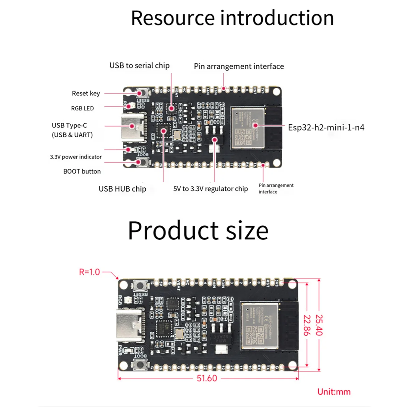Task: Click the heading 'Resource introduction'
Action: (x=232, y=18)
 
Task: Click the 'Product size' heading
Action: (x=198, y=231)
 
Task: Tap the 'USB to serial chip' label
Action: (x=139, y=65)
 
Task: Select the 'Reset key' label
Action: (x=86, y=93)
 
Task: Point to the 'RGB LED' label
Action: (x=82, y=108)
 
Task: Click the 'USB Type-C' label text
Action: (x=70, y=125)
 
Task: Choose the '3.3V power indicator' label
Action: (x=76, y=157)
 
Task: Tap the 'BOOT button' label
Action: (x=82, y=171)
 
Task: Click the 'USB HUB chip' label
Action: (x=122, y=189)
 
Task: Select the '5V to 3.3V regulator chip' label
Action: (x=210, y=189)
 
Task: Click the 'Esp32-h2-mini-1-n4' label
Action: (x=326, y=127)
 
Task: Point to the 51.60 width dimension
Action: (x=207, y=378)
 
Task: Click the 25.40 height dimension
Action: (x=319, y=325)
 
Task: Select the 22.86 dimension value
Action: (x=307, y=325)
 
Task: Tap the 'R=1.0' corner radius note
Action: (x=89, y=272)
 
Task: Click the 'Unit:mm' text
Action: (x=334, y=392)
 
